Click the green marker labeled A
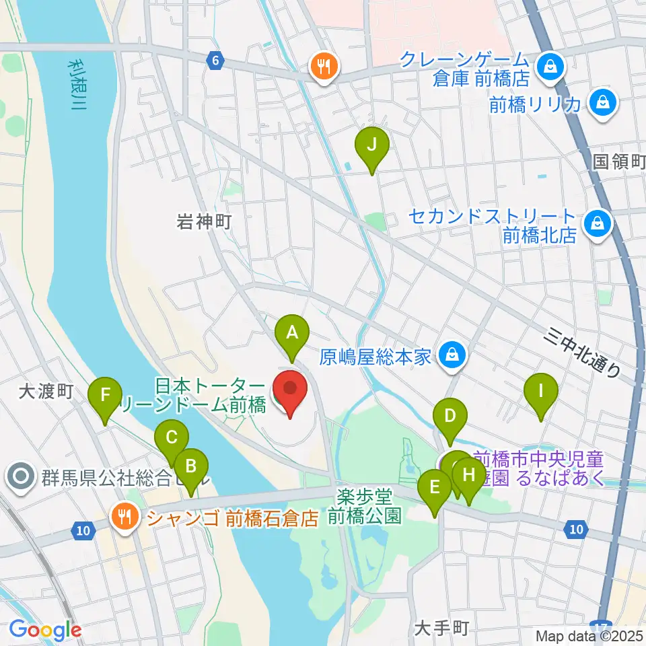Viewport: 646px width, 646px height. [291, 332]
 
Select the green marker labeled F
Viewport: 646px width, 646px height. [105, 394]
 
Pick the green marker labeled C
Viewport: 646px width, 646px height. [171, 438]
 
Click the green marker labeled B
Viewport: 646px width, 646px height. [190, 465]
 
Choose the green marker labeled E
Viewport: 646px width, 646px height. [435, 486]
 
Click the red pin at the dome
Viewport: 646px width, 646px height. [290, 388]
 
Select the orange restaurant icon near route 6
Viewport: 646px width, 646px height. [324, 67]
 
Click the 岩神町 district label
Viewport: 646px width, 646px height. [204, 221]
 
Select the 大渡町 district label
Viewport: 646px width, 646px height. [45, 391]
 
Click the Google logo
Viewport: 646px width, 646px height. [45, 630]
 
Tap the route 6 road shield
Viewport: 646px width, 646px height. [215, 61]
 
